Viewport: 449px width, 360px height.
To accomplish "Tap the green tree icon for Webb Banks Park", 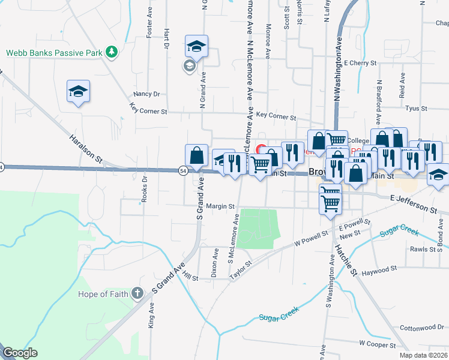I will tap(111, 52).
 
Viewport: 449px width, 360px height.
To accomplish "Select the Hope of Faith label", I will tap(104, 294).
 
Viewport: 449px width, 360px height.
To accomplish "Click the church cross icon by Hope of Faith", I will tap(137, 293).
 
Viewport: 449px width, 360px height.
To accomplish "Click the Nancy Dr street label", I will tap(147, 94).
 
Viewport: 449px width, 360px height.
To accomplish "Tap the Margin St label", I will tap(220, 206).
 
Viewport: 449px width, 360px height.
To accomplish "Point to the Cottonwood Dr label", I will tap(421, 328).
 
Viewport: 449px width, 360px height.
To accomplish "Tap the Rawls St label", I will tap(423, 249).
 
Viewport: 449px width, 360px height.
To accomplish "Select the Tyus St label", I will tap(415, 109).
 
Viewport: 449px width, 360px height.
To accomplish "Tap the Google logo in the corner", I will tap(20, 353).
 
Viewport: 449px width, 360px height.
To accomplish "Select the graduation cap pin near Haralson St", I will tap(78, 92).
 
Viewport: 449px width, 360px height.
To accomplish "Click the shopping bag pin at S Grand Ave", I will tap(197, 156).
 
